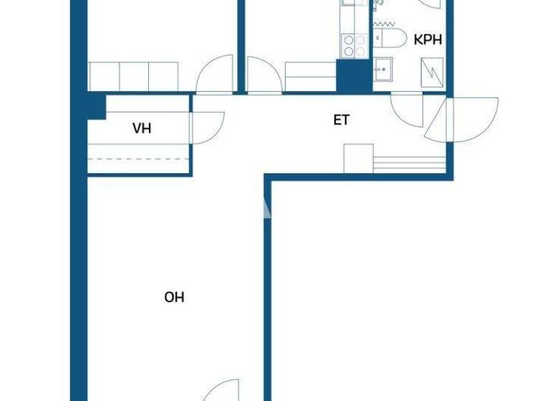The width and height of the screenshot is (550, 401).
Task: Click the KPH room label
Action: tap(428, 39)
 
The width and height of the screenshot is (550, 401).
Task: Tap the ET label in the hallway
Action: tap(342, 120)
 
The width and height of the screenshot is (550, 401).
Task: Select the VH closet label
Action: tap(142, 129)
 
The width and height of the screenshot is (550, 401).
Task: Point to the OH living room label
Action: tap(174, 296)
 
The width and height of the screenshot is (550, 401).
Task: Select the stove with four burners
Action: tap(354, 45)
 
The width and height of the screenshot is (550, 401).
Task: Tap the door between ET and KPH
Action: tap(408, 111)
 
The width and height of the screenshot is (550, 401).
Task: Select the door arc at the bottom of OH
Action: tap(223, 390)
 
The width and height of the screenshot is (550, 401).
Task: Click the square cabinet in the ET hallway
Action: tap(358, 158)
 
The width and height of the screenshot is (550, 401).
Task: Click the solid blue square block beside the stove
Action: tap(353, 76)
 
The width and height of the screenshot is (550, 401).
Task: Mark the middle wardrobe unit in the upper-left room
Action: tap(133, 76)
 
